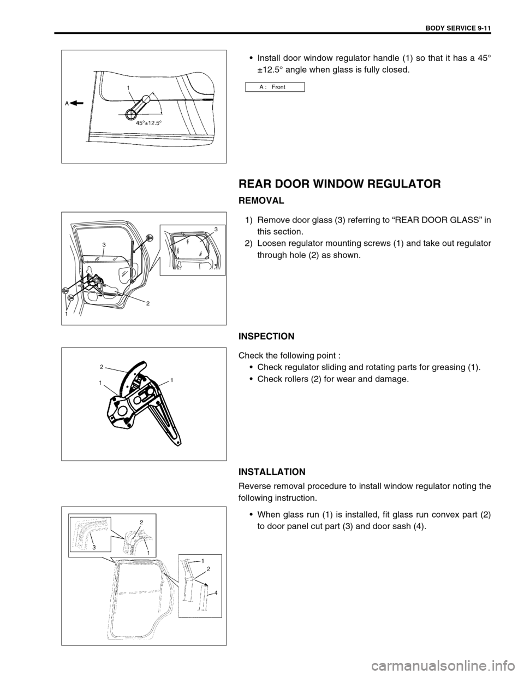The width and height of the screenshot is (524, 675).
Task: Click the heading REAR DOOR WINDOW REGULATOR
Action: (340, 184)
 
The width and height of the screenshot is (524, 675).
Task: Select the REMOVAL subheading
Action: (261, 201)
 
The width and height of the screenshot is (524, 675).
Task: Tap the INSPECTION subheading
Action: (267, 336)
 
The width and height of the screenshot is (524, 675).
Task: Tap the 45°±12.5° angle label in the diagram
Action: (150, 123)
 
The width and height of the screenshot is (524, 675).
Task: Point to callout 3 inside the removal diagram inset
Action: (216, 230)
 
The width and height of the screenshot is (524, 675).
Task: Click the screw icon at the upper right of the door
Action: (149, 237)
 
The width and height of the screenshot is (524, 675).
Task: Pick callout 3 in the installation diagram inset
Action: (93, 546)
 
